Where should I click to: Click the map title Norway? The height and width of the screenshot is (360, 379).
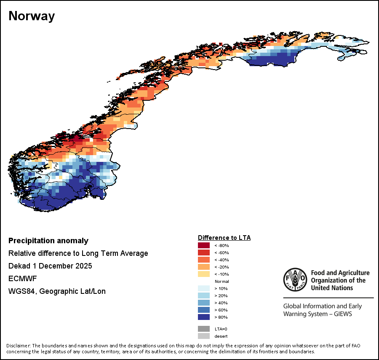[32, 16]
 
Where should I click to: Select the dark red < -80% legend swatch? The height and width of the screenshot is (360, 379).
[204, 245]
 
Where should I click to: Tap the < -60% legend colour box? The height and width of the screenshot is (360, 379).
[204, 253]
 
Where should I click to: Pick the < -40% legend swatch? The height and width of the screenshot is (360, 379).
[204, 260]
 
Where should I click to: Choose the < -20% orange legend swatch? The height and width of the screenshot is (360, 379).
[204, 267]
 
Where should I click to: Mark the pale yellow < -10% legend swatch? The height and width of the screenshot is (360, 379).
[204, 274]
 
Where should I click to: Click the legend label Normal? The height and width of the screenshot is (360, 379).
[222, 281]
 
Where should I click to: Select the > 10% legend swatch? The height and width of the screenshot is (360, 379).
[204, 288]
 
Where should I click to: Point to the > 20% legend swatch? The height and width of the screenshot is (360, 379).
[204, 296]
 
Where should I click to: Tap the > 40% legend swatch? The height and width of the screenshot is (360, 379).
[204, 303]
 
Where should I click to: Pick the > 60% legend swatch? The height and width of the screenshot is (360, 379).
[204, 310]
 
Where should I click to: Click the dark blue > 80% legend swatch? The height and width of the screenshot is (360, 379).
[204, 317]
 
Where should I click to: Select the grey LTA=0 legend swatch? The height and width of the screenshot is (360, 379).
[204, 329]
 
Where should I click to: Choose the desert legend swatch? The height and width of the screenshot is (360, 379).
[204, 336]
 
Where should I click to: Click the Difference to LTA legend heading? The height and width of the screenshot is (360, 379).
[224, 238]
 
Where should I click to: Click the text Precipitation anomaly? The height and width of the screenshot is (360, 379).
[48, 241]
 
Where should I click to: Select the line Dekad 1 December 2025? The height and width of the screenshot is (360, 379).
[50, 266]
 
